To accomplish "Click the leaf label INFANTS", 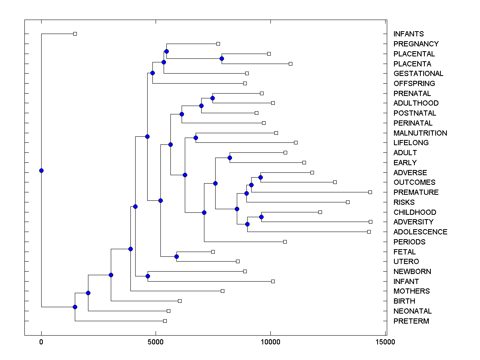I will pos(408,34).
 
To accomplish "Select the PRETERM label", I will pos(411,321).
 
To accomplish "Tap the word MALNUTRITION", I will pos(420,133).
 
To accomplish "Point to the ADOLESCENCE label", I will pos(420,232).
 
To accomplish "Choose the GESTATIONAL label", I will pos(418,74).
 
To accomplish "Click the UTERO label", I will pos(406,262).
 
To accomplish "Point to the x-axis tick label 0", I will pos(41,342).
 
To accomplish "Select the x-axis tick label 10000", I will pos(270,342).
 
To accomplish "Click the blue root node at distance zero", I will pos(41,171).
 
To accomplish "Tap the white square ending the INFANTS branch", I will pos(75,34).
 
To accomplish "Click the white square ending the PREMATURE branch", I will pos(370,192).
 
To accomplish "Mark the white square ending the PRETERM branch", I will pos(165,321).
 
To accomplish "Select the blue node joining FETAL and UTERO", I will pos(176,256).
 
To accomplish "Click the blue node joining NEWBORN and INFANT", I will pos(148,276).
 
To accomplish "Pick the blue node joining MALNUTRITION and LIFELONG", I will pos(196,138).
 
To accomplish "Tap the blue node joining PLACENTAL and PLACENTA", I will pos(222,59).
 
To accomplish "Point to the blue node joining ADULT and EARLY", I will pos(230,158).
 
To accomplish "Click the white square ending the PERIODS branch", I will pos(285,242).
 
